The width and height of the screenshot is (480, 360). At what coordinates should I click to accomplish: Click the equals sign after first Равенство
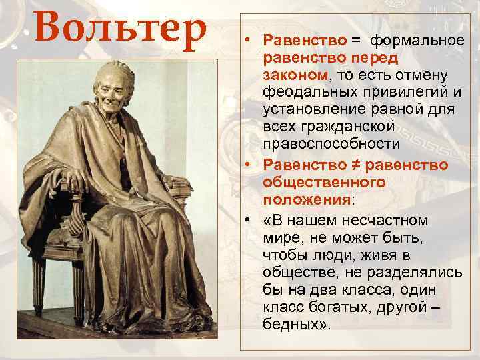pos(357,41)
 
